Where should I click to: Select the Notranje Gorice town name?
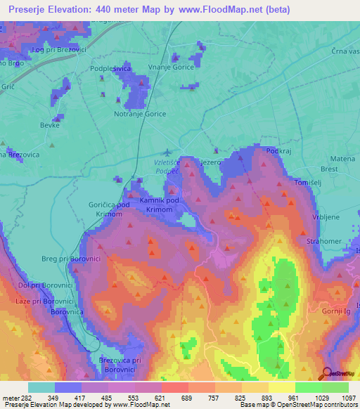pos(140,113)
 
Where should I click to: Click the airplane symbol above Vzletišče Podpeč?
pos(166,152)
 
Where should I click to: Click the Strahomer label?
pos(323,242)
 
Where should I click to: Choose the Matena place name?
pos(342,159)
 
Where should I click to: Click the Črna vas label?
pos(344,52)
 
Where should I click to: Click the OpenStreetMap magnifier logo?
pos(327,373)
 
